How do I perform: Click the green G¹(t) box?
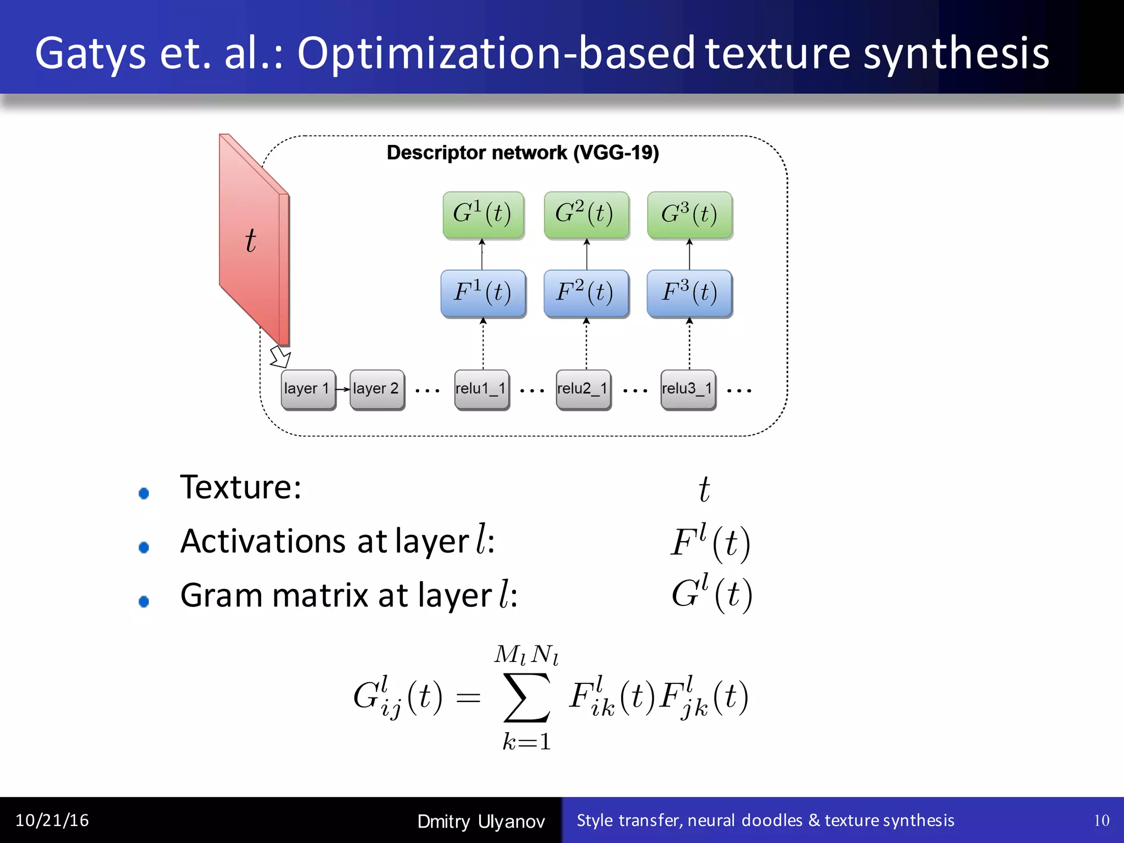(x=483, y=215)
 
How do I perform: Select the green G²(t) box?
(x=586, y=215)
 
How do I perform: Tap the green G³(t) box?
(x=689, y=215)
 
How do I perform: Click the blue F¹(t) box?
(x=483, y=293)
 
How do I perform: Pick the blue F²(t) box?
(x=586, y=293)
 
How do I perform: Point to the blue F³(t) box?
(x=689, y=293)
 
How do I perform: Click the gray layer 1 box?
(x=308, y=389)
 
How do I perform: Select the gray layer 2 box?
(x=377, y=389)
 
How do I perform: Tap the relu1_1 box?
(x=481, y=389)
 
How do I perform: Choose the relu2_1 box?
(x=583, y=389)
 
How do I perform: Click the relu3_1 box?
(x=688, y=389)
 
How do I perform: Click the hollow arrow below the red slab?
(x=280, y=357)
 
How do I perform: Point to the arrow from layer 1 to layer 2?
(x=343, y=389)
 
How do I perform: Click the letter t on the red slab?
(x=250, y=240)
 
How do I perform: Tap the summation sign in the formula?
(x=526, y=698)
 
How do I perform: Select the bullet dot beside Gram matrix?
(x=144, y=602)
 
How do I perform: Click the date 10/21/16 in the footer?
(x=52, y=820)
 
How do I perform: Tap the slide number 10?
(x=1101, y=820)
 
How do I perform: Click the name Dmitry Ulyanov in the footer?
(x=481, y=822)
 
